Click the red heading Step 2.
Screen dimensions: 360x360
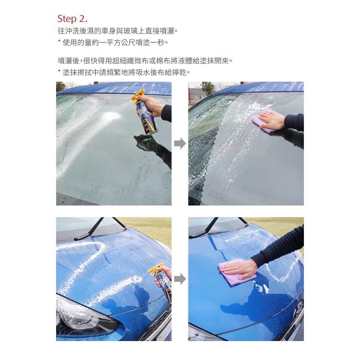73,19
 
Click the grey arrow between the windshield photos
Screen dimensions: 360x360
180,144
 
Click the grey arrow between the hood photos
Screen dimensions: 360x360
180,279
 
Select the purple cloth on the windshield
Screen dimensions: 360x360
263,121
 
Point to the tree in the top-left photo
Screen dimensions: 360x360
60,86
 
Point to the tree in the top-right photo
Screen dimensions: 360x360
208,87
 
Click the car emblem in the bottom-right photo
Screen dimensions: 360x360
299,308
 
